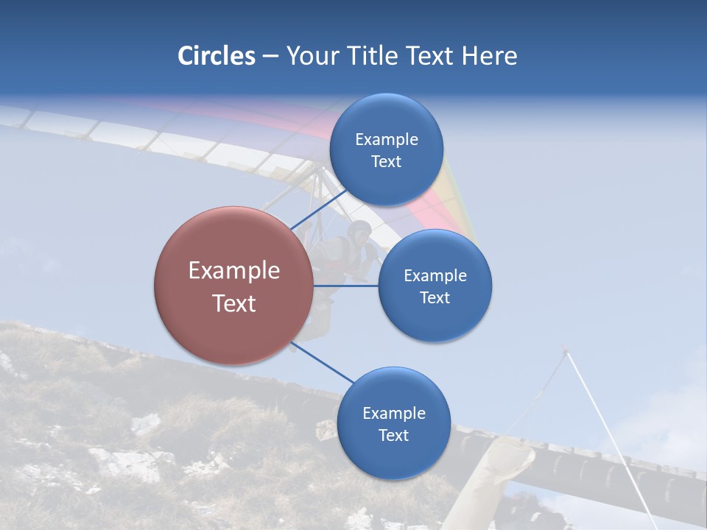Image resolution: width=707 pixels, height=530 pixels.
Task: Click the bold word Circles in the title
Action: coord(217,56)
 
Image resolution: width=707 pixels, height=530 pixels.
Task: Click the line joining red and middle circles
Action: coord(346,286)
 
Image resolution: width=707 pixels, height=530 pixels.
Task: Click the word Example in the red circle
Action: coord(234,271)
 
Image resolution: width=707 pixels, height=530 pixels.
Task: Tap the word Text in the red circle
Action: coord(234,303)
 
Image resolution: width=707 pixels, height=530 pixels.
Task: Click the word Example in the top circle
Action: coord(387,140)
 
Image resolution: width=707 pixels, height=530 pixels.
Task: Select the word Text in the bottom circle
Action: coord(393,436)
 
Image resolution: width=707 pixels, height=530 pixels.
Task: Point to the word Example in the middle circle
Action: coord(435,276)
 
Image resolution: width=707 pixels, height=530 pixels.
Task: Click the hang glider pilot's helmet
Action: coord(359,229)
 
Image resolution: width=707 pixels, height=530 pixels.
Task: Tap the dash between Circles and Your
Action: coord(270,57)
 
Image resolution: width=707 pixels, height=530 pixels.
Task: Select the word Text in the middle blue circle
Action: coord(435,298)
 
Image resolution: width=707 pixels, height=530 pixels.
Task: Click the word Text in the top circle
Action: coord(386,162)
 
